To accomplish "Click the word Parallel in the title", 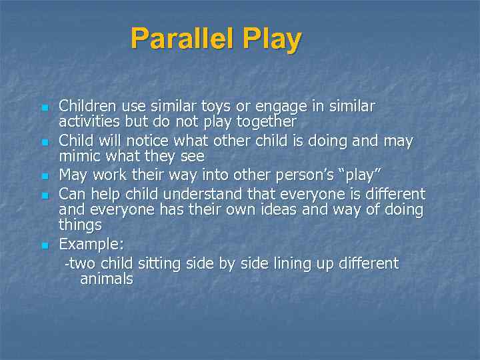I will coord(183,39).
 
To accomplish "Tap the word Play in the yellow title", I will coord(272,39).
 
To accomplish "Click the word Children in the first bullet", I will coord(87,106).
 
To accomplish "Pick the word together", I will coord(265,121).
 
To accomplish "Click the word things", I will coord(81,225).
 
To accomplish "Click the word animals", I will coord(107,279).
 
